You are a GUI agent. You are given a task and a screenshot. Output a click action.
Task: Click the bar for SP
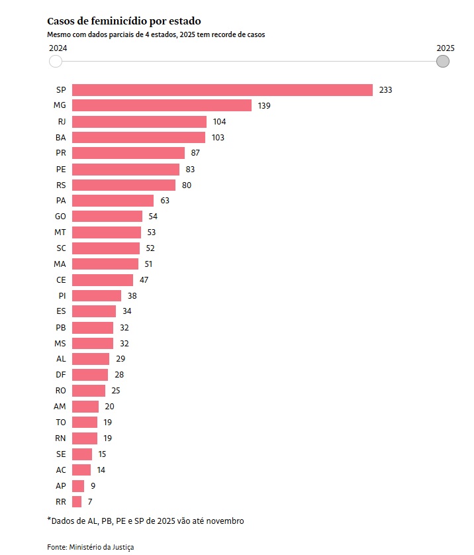[x=222, y=90]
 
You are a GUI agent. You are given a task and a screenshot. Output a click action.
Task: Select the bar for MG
[x=162, y=106]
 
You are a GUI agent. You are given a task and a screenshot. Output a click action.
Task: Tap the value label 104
[x=220, y=122]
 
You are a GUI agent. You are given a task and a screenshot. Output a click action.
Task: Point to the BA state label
[x=61, y=138]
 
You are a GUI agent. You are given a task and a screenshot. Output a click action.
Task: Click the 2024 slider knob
[x=56, y=62]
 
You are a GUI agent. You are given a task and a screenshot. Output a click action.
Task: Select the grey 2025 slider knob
[x=443, y=62]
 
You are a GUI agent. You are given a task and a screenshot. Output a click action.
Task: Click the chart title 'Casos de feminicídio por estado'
[x=124, y=22]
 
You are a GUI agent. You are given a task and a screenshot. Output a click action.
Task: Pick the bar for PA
[x=113, y=201]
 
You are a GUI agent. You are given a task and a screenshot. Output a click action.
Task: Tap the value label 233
[x=386, y=90]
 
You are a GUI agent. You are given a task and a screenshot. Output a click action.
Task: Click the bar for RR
[x=77, y=501]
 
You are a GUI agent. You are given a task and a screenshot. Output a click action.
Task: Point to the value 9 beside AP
[x=93, y=485]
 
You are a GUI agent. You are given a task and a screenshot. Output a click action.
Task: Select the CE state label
[x=61, y=279]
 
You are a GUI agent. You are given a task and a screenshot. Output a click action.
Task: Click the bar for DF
[x=90, y=375]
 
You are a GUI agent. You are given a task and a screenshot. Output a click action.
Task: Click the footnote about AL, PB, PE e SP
[x=146, y=521]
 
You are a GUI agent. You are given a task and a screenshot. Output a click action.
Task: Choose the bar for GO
[x=107, y=217]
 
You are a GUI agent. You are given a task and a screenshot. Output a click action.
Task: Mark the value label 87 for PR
[x=195, y=153]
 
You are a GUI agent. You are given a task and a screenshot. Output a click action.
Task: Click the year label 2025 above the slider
[x=446, y=48]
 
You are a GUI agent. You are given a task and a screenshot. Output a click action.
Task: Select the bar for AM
[x=85, y=407]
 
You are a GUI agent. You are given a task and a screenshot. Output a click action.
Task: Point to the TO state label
[x=61, y=423]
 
